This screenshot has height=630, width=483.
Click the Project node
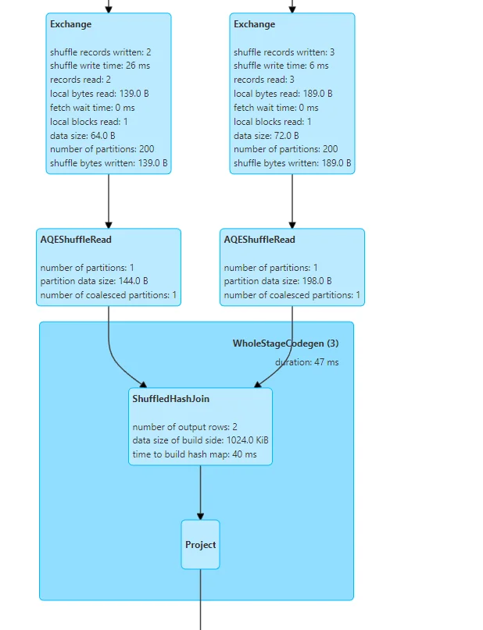(x=200, y=545)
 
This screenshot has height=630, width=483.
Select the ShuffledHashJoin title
(x=170, y=399)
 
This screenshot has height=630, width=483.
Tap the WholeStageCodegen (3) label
(x=285, y=343)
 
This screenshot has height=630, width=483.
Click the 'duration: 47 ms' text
(x=306, y=362)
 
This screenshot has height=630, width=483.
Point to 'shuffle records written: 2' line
(x=100, y=52)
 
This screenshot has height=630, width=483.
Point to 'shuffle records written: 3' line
(x=284, y=52)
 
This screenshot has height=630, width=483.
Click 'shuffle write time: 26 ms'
(x=101, y=66)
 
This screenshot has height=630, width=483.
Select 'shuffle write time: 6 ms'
(x=281, y=66)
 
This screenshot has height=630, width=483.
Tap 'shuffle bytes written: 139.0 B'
(x=109, y=164)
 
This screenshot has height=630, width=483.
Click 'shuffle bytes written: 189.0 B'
(x=292, y=164)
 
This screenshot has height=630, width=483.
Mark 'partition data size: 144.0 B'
(x=95, y=281)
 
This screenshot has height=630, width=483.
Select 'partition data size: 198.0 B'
(x=278, y=281)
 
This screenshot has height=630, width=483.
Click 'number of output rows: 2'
(x=184, y=426)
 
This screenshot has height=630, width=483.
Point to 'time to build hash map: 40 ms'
(x=195, y=454)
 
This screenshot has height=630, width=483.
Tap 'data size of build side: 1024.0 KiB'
(x=201, y=440)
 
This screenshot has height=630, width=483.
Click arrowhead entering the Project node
(x=200, y=516)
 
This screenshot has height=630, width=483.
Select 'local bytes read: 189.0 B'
(x=279, y=94)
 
